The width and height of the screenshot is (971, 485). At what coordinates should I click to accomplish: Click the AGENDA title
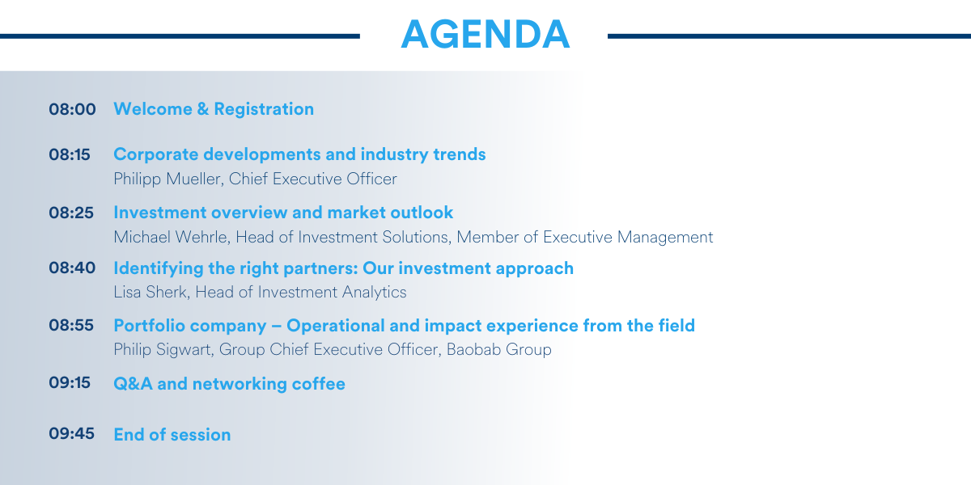(x=485, y=34)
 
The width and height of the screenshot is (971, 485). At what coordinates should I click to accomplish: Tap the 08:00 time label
(x=72, y=109)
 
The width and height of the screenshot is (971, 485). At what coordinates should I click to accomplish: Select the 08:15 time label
(x=70, y=154)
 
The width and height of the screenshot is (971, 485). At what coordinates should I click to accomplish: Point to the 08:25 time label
(x=71, y=213)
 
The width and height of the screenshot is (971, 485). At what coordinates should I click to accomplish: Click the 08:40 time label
(x=72, y=268)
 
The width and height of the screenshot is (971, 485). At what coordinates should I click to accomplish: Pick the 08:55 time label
(x=71, y=325)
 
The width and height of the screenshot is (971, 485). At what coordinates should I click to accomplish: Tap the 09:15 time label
(x=70, y=382)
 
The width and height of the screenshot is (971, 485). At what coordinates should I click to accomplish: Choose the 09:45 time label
(x=71, y=433)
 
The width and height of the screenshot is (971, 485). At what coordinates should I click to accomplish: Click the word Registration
(x=264, y=110)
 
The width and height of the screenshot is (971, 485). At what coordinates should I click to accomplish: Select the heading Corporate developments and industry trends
(x=299, y=154)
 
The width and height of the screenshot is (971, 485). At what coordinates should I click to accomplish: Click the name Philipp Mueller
(x=168, y=179)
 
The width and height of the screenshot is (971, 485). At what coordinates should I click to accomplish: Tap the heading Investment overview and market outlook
(x=283, y=213)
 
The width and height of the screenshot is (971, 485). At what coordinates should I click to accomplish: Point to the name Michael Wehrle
(x=172, y=237)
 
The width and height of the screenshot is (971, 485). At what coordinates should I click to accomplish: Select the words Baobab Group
(x=499, y=349)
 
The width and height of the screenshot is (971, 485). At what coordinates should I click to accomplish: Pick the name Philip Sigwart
(x=163, y=350)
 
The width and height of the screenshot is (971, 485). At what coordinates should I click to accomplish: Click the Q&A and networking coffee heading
(x=229, y=384)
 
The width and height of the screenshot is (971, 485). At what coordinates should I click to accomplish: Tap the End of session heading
(x=172, y=435)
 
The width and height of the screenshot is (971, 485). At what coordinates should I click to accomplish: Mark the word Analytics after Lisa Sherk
(x=374, y=293)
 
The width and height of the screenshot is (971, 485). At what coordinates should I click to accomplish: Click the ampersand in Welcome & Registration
(x=202, y=109)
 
